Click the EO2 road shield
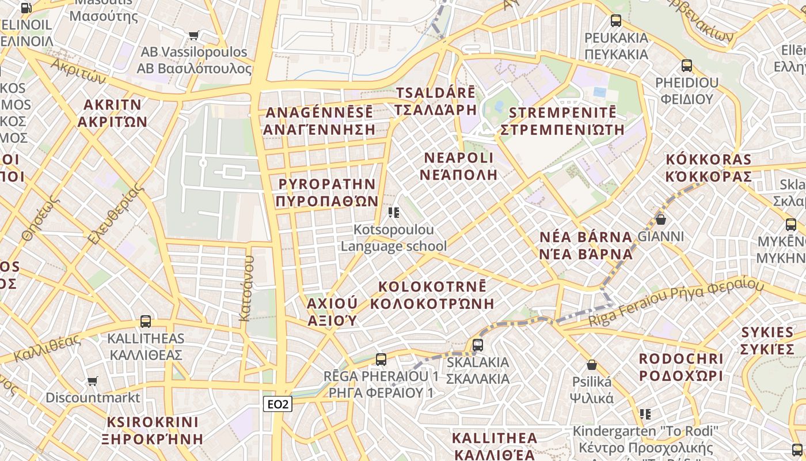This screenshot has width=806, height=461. [278, 404]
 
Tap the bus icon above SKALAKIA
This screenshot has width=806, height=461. [477, 345]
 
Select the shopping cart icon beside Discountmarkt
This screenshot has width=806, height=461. [92, 381]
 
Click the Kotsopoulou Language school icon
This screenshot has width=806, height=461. [394, 213]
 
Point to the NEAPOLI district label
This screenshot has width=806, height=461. [458, 166]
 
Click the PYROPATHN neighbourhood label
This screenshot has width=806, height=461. [326, 192]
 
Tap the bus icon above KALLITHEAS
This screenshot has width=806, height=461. [146, 322]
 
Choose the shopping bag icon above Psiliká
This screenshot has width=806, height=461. [591, 365]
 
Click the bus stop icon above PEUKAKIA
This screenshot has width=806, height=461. [616, 21]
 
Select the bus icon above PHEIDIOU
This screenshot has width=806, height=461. [686, 65]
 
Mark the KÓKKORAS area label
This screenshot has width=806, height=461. [708, 168]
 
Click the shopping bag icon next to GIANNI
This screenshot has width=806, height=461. [660, 220]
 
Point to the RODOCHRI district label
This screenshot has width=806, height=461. [680, 367]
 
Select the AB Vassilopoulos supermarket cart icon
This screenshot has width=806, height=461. [193, 35]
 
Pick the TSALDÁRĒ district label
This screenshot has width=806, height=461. [436, 101]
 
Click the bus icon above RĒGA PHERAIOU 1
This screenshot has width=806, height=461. [381, 360]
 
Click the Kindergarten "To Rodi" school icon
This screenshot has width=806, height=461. [645, 414]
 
